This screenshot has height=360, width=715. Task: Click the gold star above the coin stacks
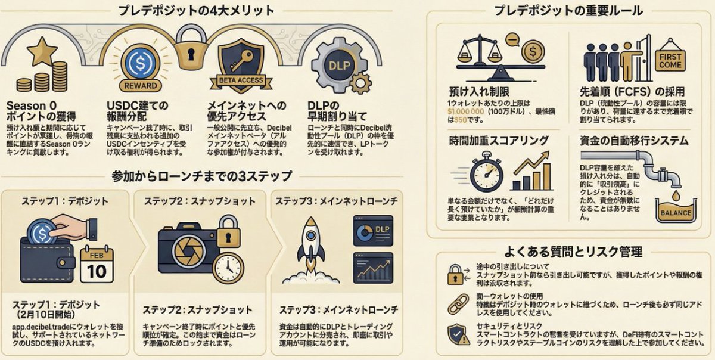coord(43,52)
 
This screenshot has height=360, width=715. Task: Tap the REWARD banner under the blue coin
coord(141,85)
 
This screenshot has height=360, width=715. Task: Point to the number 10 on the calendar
coord(97,271)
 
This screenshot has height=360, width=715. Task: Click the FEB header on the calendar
coord(97,253)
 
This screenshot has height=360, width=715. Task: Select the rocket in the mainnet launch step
coord(310,245)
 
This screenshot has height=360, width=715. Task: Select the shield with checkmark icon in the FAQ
coord(458,334)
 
